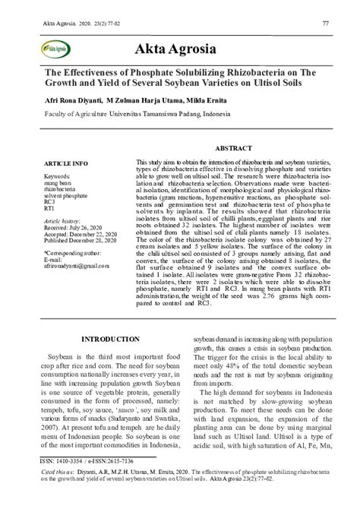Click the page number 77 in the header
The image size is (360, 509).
(x=325, y=24)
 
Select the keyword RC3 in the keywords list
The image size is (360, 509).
(x=49, y=201)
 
